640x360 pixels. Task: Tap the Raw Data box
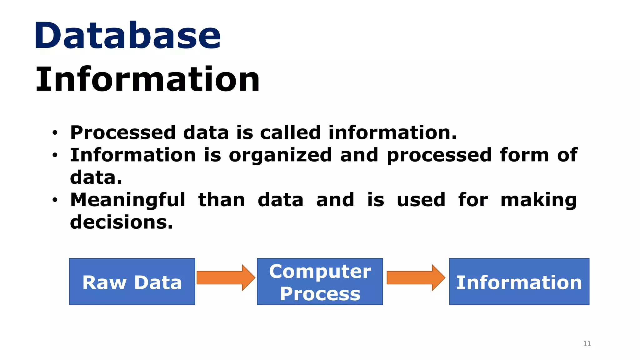132,282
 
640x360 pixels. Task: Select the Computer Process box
320,282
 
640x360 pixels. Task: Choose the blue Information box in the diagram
519,282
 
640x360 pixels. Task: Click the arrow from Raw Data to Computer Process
226,277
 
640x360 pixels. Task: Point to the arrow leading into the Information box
416,277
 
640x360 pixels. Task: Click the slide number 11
587,344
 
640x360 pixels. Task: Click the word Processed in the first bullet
123,132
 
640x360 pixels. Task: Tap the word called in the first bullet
290,132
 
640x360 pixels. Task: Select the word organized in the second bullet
280,156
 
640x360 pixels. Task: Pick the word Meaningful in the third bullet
128,200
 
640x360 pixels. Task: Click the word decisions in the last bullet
121,222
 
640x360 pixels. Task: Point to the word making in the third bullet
538,201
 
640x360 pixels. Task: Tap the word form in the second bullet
524,155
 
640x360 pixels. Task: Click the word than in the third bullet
222,200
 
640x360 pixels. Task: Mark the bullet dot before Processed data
55,133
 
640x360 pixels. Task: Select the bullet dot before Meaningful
55,200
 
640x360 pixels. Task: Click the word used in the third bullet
421,200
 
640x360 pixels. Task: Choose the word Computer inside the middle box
320,271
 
